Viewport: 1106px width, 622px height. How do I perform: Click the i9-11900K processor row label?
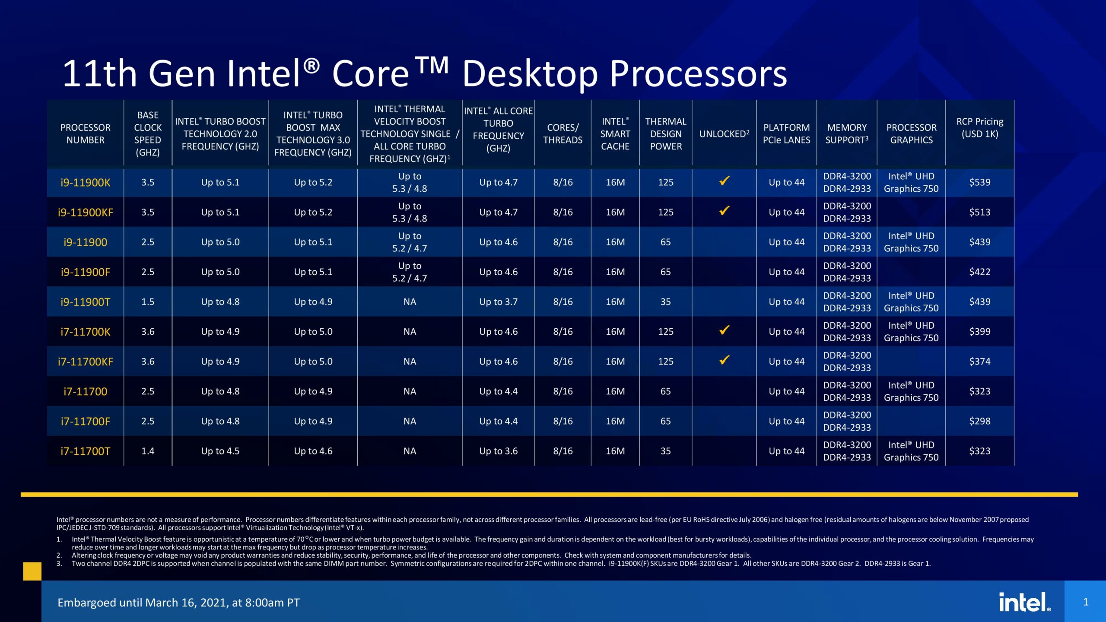coord(85,182)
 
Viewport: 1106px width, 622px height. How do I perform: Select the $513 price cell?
coord(979,212)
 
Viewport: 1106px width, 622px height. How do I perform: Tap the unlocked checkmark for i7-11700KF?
coord(724,360)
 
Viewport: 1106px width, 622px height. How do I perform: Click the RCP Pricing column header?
coord(979,127)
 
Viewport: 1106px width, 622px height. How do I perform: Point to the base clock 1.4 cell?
coord(147,451)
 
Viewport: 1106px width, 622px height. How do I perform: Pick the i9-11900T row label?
coord(85,302)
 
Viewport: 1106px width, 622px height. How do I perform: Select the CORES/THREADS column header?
coord(563,133)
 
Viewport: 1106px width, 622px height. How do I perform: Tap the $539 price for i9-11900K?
coord(979,182)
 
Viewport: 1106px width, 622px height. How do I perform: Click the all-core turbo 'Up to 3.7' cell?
coord(498,302)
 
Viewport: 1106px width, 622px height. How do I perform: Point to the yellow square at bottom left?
coord(32,571)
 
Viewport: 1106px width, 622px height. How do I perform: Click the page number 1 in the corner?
coord(1085,602)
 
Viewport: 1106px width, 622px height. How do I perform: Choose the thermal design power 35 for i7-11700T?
coord(665,451)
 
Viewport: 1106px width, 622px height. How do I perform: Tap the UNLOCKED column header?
coord(724,134)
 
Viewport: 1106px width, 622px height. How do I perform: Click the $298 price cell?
coord(979,421)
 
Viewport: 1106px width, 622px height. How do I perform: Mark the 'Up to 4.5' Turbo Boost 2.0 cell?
coord(220,451)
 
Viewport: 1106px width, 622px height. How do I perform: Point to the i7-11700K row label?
coord(85,332)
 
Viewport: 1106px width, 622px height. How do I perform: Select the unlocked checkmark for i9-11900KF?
coord(724,211)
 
